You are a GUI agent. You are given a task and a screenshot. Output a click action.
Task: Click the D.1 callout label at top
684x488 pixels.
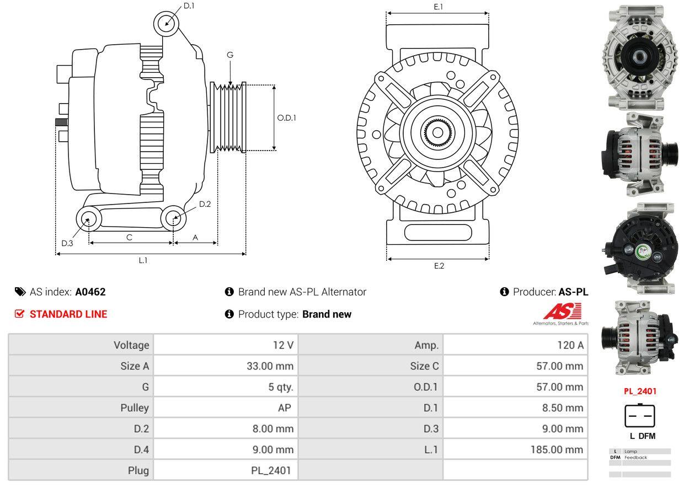coord(189,6)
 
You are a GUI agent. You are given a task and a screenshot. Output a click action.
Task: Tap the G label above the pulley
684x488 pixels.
coord(230,55)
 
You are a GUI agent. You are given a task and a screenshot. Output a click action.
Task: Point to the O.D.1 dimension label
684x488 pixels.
coord(286,117)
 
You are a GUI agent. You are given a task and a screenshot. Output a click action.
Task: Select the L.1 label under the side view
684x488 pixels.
coord(143,260)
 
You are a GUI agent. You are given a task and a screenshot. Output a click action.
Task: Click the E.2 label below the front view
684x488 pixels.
coord(439,266)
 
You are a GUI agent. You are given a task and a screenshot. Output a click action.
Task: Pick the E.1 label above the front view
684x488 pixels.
coord(439,7)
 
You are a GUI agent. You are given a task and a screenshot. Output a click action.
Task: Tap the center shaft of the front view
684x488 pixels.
coord(438,133)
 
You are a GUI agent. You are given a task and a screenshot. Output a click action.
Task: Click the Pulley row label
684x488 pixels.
coord(135,408)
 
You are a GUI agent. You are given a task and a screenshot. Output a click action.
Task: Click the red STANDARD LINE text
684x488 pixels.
coord(68,314)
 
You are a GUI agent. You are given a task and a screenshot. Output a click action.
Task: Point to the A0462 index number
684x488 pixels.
coord(90,292)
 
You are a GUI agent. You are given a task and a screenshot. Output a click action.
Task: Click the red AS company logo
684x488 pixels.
coord(562,312)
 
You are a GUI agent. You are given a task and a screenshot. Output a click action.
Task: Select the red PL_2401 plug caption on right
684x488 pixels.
coord(640,392)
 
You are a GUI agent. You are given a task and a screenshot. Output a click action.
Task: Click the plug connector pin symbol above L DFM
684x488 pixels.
coord(640,416)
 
